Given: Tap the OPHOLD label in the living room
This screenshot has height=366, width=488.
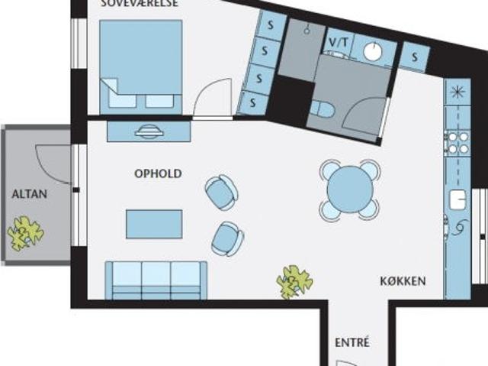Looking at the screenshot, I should [158, 173].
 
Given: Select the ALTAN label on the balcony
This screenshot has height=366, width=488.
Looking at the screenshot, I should [29, 194].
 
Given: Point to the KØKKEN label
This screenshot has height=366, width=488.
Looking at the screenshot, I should [403, 281].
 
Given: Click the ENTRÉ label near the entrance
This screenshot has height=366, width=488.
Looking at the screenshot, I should [352, 342].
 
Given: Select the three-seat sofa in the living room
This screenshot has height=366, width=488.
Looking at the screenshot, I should [156, 279].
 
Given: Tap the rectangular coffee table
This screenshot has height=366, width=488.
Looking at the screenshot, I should [154, 224].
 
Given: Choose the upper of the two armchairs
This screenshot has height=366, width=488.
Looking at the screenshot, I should [222, 192].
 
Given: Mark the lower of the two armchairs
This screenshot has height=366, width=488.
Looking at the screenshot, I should [227, 238].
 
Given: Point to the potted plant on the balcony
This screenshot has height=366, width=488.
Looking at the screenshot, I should [25, 233].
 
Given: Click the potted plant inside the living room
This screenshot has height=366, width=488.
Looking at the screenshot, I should [294, 281].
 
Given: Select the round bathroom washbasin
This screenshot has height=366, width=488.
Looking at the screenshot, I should [373, 51].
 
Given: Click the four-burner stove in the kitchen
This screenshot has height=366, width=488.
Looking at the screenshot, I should [457, 143].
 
